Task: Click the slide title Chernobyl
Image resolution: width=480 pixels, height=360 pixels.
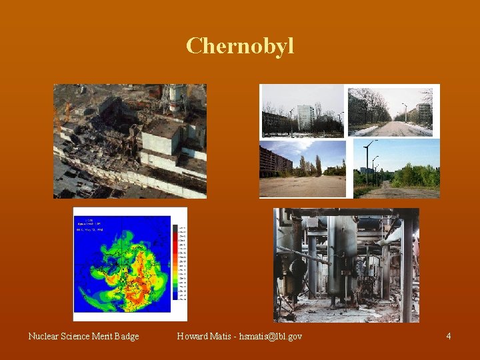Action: click(x=240, y=46)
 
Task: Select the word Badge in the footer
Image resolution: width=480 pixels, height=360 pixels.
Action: click(x=126, y=336)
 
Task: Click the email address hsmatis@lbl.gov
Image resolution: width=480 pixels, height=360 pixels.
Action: click(x=271, y=336)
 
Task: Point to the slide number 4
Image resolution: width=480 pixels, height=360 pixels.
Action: click(x=449, y=336)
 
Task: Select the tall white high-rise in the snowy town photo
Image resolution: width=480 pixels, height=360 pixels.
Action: click(x=305, y=117)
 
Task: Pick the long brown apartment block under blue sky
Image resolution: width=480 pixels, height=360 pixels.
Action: click(x=275, y=162)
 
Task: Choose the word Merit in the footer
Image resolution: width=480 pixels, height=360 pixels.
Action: click(x=105, y=336)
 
